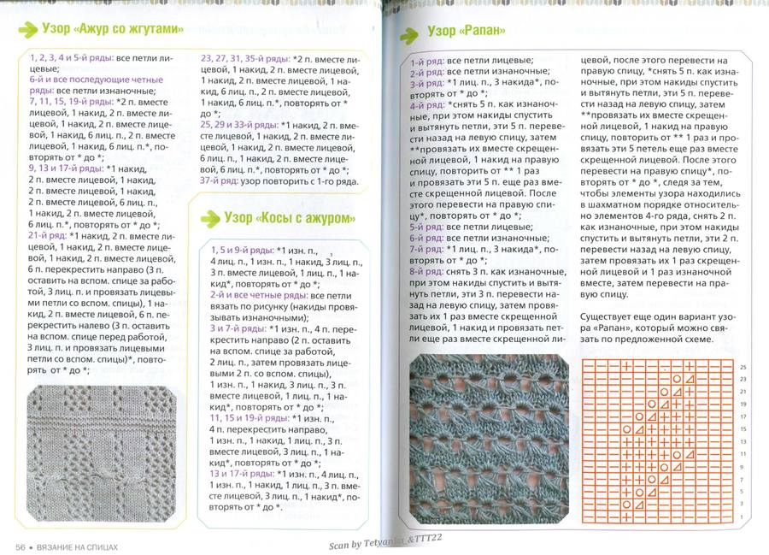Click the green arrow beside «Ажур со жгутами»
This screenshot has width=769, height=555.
pyautogui.click(x=27, y=28)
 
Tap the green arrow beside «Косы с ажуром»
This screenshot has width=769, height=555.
pyautogui.click(x=208, y=218)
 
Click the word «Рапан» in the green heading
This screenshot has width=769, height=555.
pyautogui.click(x=487, y=32)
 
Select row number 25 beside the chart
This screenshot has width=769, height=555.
pyautogui.click(x=743, y=365)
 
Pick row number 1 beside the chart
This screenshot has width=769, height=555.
pyautogui.click(x=743, y=517)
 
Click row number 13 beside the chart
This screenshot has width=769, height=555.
pyautogui.click(x=743, y=442)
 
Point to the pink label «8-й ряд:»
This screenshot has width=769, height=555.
pyautogui.click(x=427, y=270)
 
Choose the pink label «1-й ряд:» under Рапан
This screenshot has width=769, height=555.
pyautogui.click(x=427, y=62)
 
